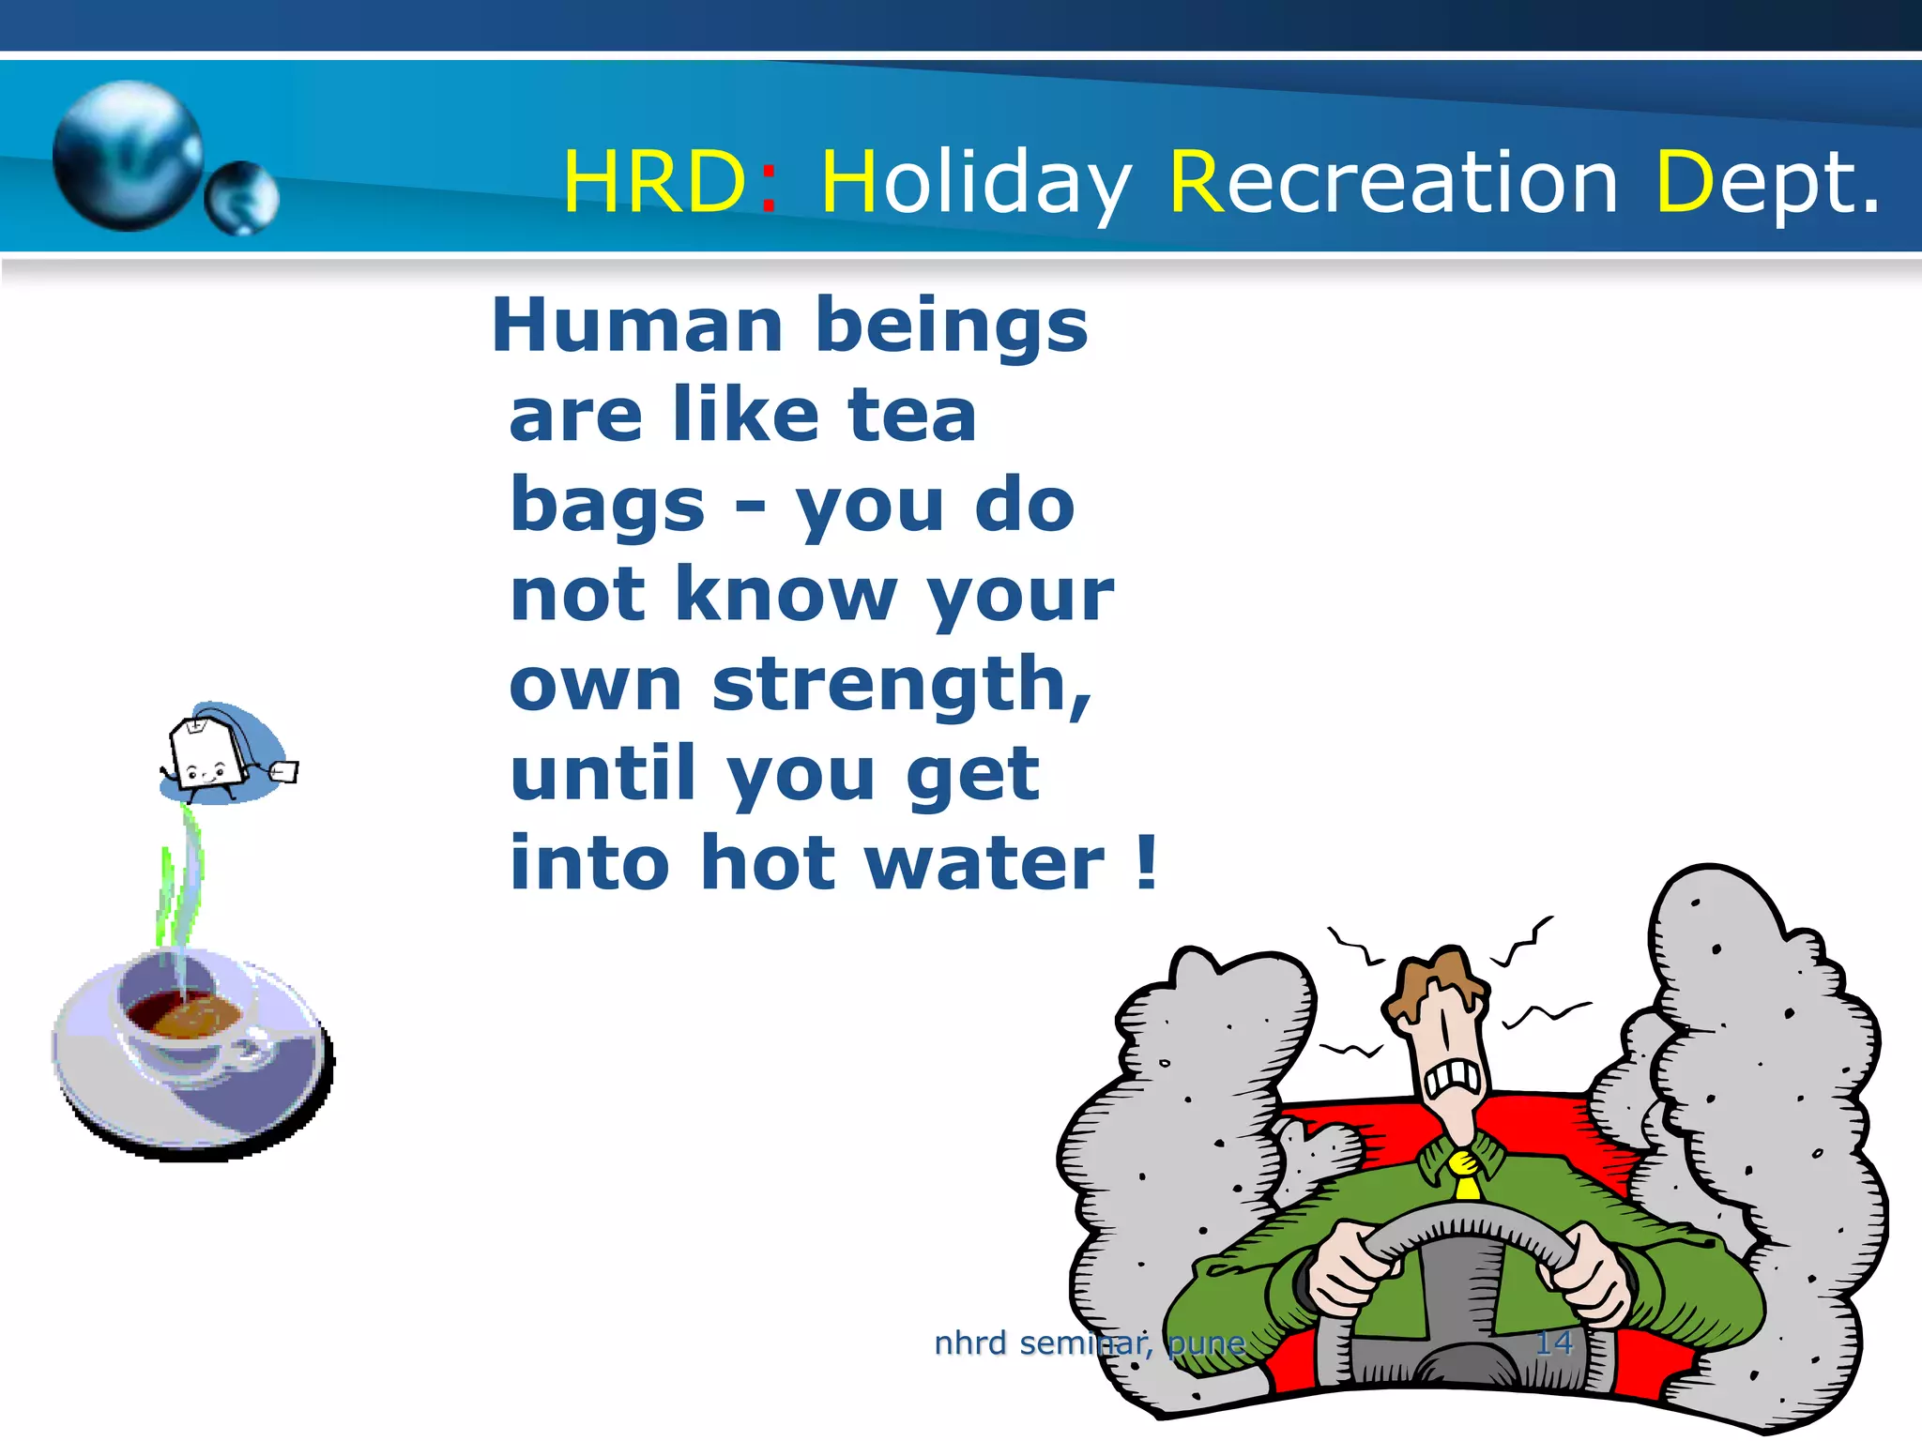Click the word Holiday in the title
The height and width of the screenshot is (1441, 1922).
(x=976, y=183)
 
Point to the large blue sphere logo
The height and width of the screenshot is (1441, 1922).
(x=128, y=155)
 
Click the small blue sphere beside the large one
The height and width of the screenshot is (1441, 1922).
(x=241, y=197)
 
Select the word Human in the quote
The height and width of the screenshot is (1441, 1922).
(x=637, y=326)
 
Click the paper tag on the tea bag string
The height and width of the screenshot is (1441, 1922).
(x=284, y=771)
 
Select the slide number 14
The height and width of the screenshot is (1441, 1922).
(x=1553, y=1343)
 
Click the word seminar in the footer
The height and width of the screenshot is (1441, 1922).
(x=1085, y=1343)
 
